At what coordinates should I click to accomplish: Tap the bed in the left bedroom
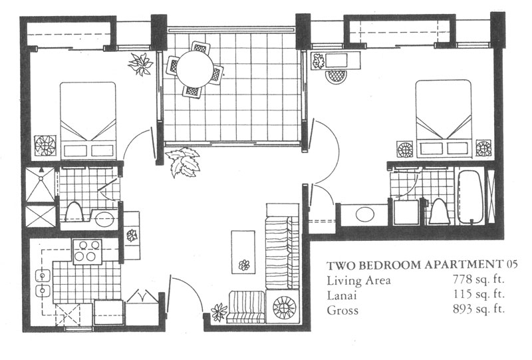[88, 120]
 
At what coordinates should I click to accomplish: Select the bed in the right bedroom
[444, 119]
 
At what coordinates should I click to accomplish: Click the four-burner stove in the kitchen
[87, 252]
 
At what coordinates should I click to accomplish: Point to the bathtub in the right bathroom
[470, 196]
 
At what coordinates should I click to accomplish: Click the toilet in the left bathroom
[74, 212]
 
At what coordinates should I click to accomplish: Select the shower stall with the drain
[41, 184]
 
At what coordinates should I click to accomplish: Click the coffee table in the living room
[243, 252]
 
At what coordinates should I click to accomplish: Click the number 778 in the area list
[463, 279]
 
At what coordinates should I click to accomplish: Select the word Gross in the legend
[342, 310]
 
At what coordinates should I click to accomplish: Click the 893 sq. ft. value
[479, 309]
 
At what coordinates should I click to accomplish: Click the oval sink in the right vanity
[365, 214]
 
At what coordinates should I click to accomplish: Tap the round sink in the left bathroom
[104, 220]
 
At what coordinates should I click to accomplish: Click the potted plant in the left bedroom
[140, 63]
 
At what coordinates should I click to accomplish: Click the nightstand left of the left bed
[45, 146]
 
